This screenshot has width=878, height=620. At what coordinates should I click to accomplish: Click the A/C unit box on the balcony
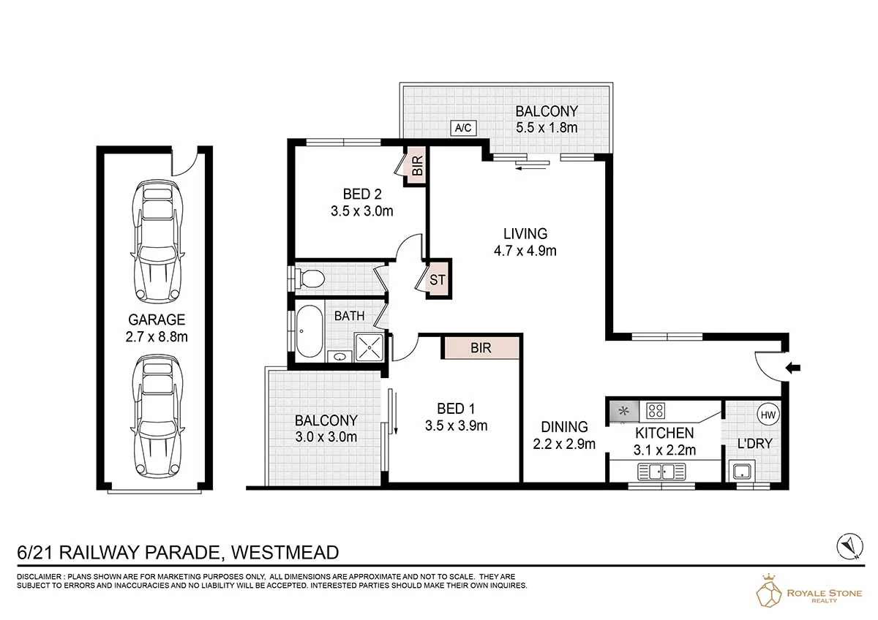click(463, 128)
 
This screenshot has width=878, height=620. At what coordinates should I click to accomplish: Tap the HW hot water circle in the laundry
click(768, 415)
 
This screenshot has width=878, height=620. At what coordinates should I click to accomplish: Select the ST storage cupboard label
click(437, 279)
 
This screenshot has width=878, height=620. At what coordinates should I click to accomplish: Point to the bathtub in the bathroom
click(309, 331)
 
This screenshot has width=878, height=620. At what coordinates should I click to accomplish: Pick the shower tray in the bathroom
click(369, 347)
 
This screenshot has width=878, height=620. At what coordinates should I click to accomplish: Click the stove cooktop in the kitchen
click(656, 410)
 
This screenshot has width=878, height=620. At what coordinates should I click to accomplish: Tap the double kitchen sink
click(661, 472)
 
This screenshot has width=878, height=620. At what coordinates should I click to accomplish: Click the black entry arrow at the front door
click(793, 368)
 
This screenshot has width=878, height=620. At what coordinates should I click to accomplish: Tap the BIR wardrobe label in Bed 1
click(481, 348)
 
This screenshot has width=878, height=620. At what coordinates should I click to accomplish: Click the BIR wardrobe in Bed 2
click(417, 165)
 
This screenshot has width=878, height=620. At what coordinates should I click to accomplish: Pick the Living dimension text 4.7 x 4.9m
click(525, 251)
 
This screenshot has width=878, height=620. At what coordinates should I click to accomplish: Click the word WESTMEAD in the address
click(285, 553)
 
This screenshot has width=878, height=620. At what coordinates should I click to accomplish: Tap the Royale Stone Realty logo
click(808, 591)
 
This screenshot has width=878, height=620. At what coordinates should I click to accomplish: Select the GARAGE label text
click(157, 320)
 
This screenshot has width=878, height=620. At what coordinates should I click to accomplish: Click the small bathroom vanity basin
click(339, 357)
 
